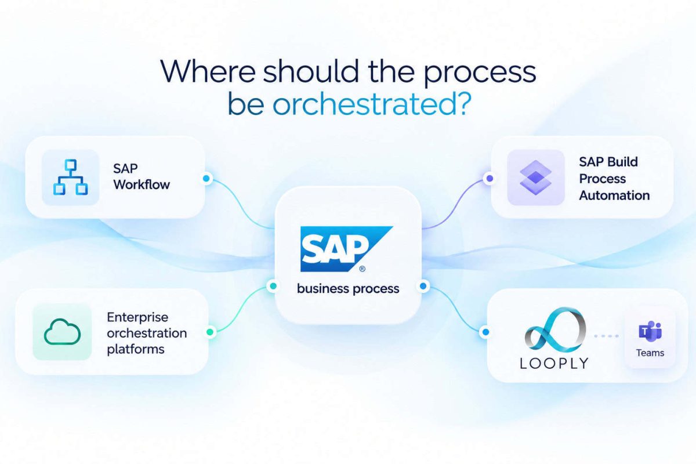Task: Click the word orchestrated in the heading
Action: coord(372,103)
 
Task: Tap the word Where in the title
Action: coord(208,71)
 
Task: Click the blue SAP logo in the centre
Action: coord(346,249)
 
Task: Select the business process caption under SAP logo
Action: coord(348,289)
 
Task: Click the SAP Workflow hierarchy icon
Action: coord(71,177)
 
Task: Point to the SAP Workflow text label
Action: coord(142,176)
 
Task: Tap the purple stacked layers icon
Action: coord(535,177)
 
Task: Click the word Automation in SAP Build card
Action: coord(614,195)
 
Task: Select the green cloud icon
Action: coord(63,332)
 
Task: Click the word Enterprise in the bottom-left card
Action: coord(137,317)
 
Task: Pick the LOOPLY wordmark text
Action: coord(554,363)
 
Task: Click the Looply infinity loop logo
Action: coord(555,330)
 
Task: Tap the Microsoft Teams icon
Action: coord(650,331)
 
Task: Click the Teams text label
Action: coord(650,353)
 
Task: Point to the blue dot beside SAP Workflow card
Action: coord(206,179)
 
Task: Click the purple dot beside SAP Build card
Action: coord(490,179)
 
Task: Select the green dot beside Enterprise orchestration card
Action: coord(210,332)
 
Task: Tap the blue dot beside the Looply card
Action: coord(485,332)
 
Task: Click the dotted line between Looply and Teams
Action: coord(606,336)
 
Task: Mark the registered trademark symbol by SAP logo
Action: coord(362,269)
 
